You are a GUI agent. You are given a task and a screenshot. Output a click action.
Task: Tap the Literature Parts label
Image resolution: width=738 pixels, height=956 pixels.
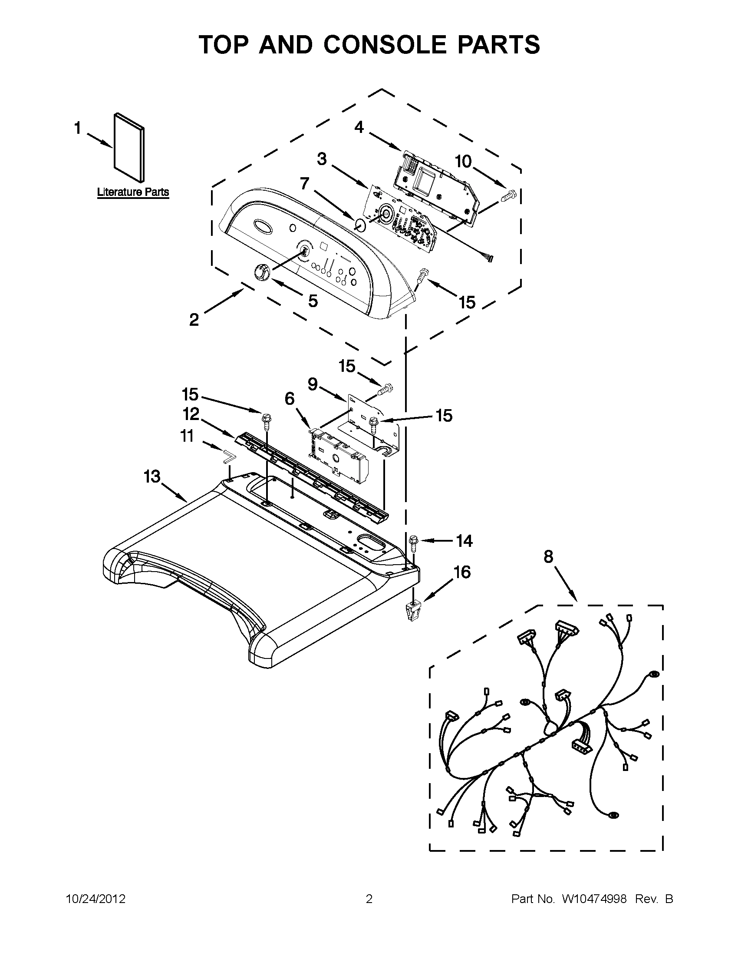pos(132,192)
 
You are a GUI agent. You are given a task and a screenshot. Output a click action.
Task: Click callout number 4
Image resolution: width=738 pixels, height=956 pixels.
pos(359,127)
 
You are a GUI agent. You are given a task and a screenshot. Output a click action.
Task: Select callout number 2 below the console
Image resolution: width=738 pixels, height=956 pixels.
pos(194,320)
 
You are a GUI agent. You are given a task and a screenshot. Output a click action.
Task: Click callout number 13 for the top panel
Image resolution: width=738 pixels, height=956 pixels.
pos(152,476)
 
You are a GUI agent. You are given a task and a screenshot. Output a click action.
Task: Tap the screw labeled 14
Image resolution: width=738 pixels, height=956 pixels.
pos(413,542)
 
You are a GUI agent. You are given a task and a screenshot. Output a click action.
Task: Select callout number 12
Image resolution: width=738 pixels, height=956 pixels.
pos(191,413)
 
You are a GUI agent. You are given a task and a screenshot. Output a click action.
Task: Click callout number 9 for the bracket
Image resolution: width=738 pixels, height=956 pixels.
pos(313,384)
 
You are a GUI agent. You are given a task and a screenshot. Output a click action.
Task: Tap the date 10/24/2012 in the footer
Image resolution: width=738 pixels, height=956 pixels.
pos(96,899)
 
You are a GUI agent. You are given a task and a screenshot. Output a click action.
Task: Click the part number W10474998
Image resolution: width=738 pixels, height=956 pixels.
pos(594,899)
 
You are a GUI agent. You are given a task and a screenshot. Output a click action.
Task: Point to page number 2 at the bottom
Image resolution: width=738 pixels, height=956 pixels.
pos(369,899)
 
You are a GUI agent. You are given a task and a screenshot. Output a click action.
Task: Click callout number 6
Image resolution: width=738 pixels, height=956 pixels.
pos(290,398)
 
